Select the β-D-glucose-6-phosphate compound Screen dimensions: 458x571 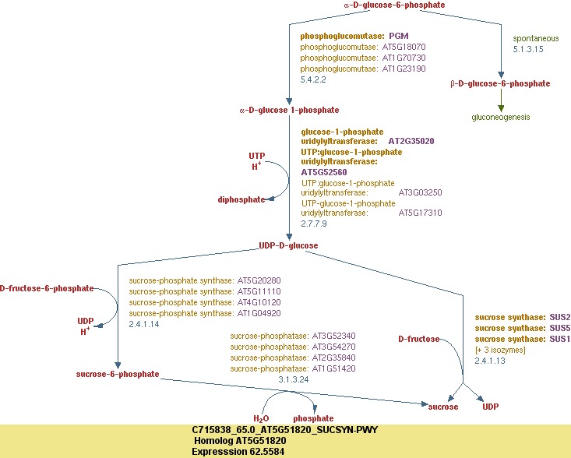[x=500, y=83]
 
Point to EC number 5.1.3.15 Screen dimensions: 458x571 [x=528, y=49]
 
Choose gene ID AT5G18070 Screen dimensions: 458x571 [x=404, y=47]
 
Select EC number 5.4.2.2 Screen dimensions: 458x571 [x=313, y=79]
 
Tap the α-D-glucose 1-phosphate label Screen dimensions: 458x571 [x=278, y=111]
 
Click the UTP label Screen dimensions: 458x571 [x=257, y=156]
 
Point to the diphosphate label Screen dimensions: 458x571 [x=241, y=199]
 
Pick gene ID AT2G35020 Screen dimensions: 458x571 [x=411, y=142]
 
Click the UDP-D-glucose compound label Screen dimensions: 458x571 [x=288, y=245]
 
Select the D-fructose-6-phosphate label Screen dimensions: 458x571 [x=47, y=288]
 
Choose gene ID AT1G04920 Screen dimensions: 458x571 [x=259, y=313]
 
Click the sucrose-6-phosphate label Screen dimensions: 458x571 [x=118, y=374]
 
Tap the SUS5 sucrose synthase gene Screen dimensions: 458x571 [x=560, y=328]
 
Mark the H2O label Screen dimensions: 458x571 [x=261, y=418]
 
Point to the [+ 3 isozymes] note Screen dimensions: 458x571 [x=500, y=350]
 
